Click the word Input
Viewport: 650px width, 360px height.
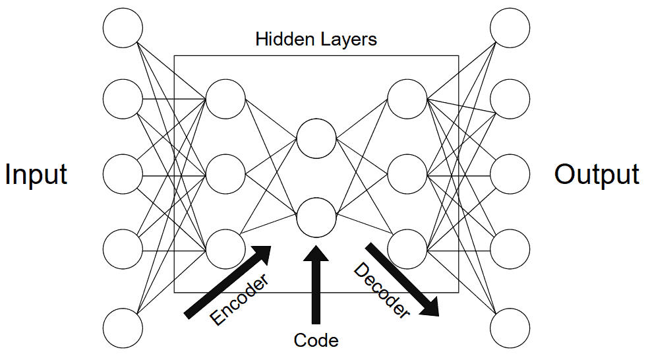tap(36, 175)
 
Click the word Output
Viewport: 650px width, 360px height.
tap(597, 175)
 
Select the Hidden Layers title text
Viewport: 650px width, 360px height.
tap(316, 39)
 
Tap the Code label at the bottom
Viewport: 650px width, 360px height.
tap(316, 340)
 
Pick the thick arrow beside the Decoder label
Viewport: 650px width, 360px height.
tap(402, 280)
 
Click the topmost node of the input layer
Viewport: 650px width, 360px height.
tap(123, 28)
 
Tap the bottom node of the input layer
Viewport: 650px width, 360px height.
tap(123, 327)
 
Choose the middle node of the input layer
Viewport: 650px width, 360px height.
tap(123, 175)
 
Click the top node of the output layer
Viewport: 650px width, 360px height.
tap(510, 28)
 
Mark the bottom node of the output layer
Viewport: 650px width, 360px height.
tap(510, 327)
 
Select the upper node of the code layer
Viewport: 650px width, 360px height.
tap(316, 139)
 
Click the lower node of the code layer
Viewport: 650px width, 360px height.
tap(316, 218)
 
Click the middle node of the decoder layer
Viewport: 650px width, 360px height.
tap(407, 175)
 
